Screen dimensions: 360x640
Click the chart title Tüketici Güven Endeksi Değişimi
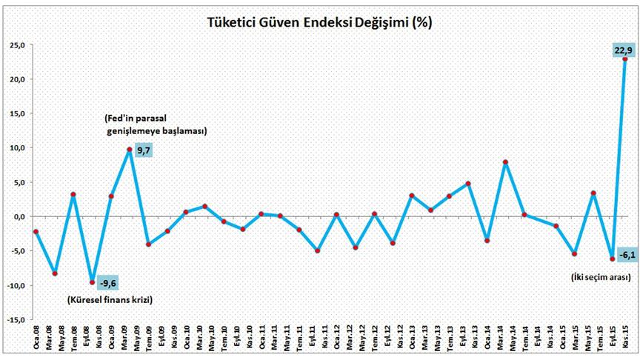tap(319, 22)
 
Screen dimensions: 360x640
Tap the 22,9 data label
tap(622, 50)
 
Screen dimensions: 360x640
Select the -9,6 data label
tap(109, 282)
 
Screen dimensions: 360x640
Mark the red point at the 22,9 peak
tap(625, 59)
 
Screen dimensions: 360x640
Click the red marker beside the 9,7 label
tap(130, 150)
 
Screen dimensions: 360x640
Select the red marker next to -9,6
tap(92, 282)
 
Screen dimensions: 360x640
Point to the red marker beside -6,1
tap(612, 259)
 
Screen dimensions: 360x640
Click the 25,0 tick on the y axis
tap(17, 45)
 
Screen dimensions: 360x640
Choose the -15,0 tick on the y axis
tap(16, 320)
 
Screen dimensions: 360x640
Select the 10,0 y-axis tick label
tap(17, 148)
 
